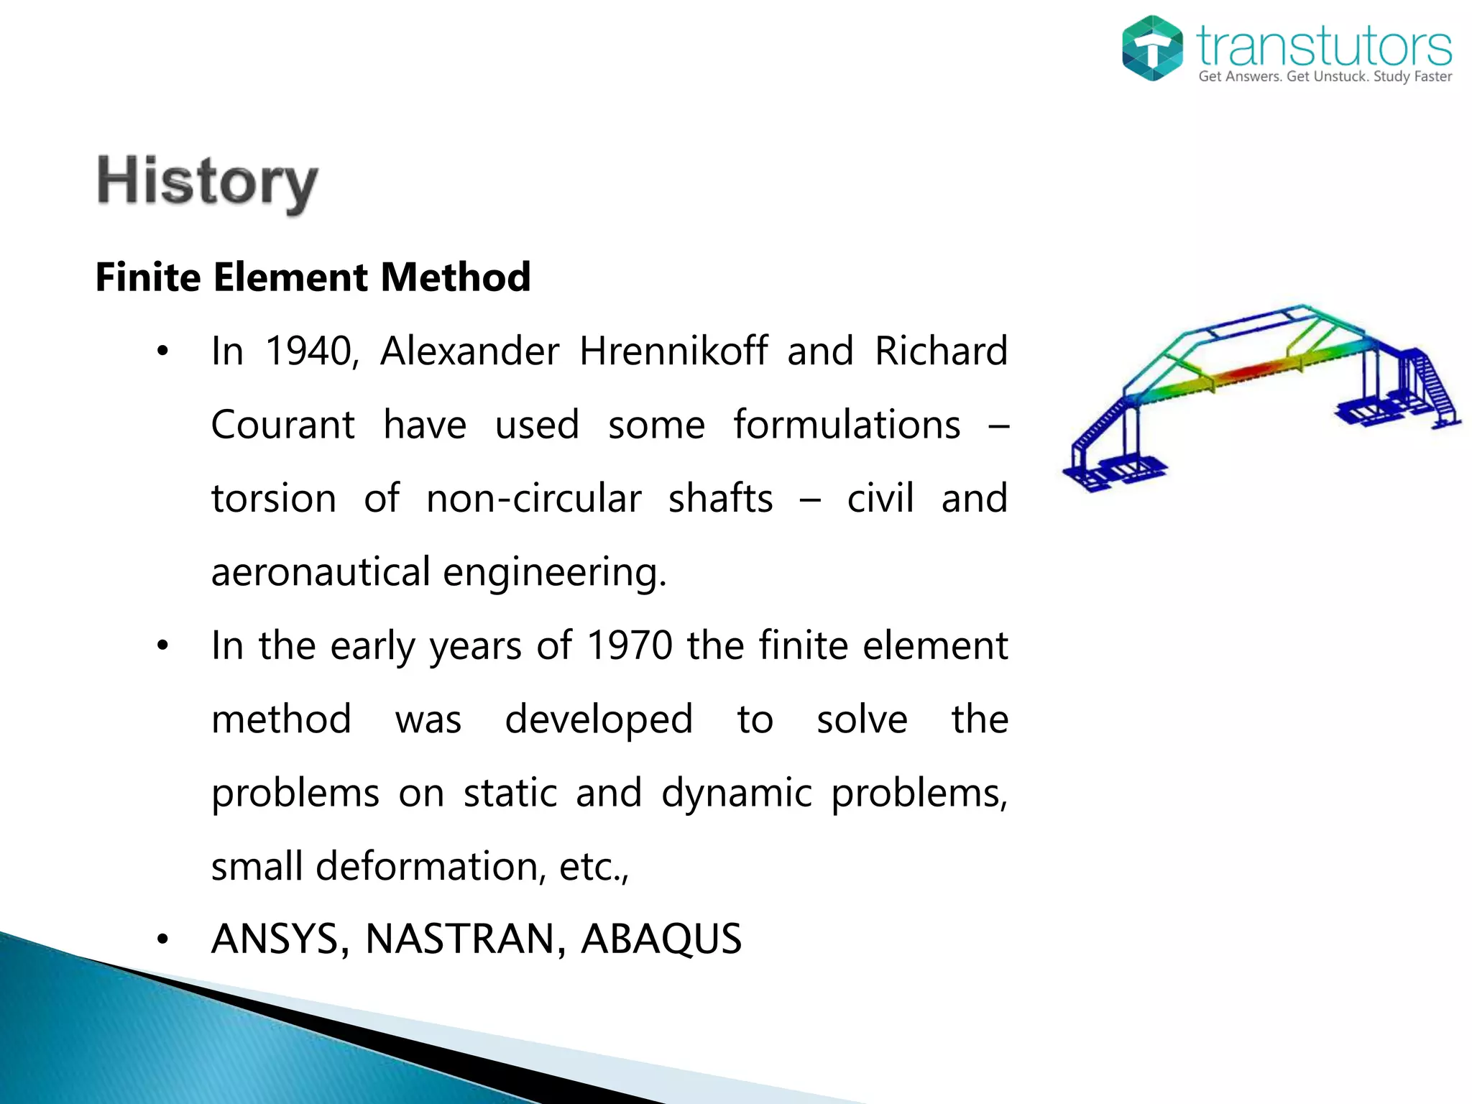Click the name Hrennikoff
tap(673, 351)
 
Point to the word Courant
tap(283, 425)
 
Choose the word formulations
tap(847, 425)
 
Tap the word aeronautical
tap(321, 572)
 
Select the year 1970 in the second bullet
tap(630, 645)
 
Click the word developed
tap(599, 719)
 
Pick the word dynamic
tap(737, 793)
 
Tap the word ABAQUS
tap(661, 939)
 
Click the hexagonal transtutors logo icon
tap(1152, 48)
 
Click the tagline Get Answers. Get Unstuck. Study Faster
tap(1325, 77)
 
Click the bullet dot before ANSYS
tap(163, 939)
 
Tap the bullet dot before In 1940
tap(163, 352)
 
